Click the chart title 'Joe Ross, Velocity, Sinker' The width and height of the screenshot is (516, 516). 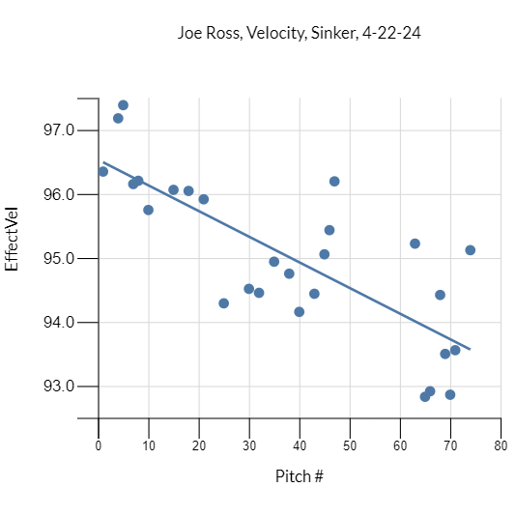point(299,33)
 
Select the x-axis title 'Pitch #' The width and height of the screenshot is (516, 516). point(299,476)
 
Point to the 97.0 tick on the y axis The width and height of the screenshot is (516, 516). point(59,130)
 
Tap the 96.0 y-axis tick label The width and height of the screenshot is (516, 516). point(59,194)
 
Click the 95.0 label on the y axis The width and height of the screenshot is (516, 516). point(59,259)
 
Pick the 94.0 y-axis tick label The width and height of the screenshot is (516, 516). point(59,323)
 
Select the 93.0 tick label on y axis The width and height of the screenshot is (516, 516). point(59,387)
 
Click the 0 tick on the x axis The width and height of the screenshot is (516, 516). point(99,445)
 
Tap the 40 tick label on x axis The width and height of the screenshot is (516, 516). point(300,445)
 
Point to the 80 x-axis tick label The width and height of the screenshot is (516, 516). point(501,445)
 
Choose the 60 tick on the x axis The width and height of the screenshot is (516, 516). point(400,445)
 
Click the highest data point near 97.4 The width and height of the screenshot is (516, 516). point(123,105)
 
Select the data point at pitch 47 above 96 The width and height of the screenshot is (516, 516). point(334,182)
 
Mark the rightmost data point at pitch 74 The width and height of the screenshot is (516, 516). point(471,250)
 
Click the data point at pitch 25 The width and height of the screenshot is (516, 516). point(224,303)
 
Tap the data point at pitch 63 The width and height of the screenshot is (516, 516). point(415,244)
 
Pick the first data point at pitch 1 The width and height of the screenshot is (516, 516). point(103,172)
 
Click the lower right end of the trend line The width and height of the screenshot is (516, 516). point(470,349)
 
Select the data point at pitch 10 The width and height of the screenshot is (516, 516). point(149,210)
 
